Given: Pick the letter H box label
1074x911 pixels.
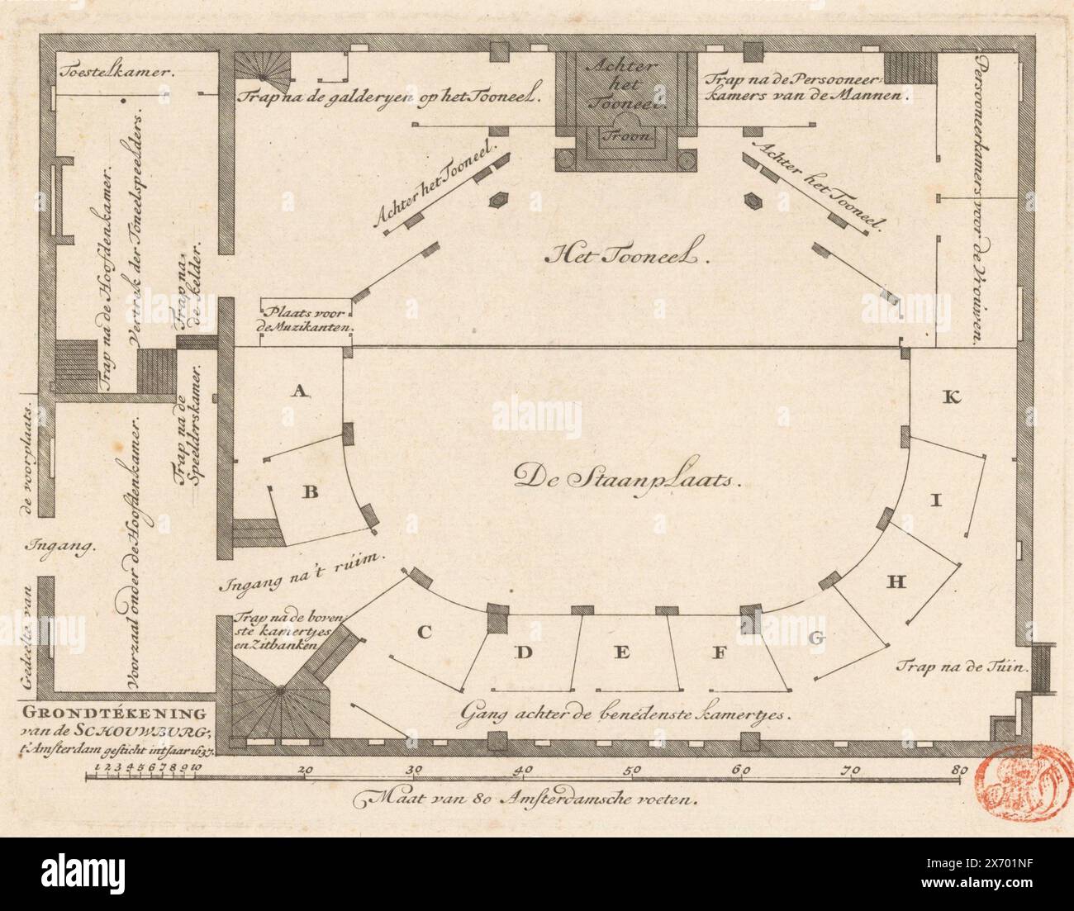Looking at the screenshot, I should tap(897, 582).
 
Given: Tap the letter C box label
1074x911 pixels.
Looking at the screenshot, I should tap(424, 633).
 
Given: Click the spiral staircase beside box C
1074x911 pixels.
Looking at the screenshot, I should tap(280, 690).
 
